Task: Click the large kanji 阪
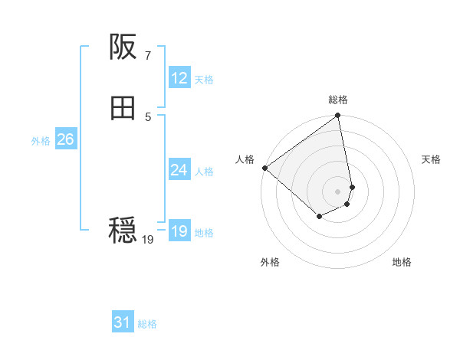(x=123, y=48)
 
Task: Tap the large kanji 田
(x=123, y=110)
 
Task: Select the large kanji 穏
(x=123, y=230)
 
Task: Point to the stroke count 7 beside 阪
(x=147, y=55)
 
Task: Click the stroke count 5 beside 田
(x=147, y=116)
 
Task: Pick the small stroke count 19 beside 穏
(x=148, y=240)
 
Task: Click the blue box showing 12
(x=179, y=78)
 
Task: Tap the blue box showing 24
(x=179, y=170)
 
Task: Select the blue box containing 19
(x=179, y=231)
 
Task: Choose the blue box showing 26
(x=65, y=139)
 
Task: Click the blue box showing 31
(x=123, y=323)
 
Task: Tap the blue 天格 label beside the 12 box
(x=204, y=80)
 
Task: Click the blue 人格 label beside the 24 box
(x=204, y=172)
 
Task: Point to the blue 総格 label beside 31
(x=147, y=325)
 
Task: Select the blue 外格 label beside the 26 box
(x=41, y=141)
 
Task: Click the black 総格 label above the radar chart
(x=338, y=100)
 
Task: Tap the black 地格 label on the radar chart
(x=402, y=263)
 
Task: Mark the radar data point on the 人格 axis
(x=264, y=168)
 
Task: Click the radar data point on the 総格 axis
(x=338, y=116)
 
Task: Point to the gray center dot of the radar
(x=338, y=191)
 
